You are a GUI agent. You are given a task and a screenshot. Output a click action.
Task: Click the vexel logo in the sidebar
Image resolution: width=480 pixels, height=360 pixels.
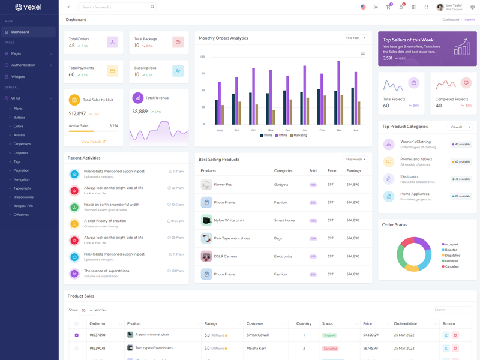pyautogui.click(x=28, y=7)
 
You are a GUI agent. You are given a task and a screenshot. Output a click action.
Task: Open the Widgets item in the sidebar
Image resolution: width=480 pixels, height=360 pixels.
pyautogui.click(x=18, y=77)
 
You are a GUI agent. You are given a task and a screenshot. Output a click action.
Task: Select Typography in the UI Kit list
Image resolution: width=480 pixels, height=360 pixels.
pyautogui.click(x=23, y=188)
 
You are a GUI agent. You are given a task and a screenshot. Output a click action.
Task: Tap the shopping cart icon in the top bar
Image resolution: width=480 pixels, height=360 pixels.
pyautogui.click(x=388, y=7)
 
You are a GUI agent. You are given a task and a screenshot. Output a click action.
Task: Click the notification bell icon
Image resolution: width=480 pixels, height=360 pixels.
pyautogui.click(x=401, y=7)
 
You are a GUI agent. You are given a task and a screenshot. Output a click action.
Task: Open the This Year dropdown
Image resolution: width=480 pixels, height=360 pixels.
pyautogui.click(x=355, y=38)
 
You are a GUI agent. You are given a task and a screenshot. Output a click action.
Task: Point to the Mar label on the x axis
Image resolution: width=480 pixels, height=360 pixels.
pyautogui.click(x=339, y=130)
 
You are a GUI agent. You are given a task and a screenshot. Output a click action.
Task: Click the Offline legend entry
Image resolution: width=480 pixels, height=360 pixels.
pyautogui.click(x=281, y=136)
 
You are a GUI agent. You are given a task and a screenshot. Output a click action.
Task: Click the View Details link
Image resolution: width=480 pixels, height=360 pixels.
pyautogui.click(x=93, y=142)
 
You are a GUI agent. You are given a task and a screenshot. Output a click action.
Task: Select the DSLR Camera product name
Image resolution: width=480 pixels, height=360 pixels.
pyautogui.click(x=225, y=256)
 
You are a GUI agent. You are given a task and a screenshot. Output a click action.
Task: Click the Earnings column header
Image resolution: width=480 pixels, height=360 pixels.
pyautogui.click(x=353, y=171)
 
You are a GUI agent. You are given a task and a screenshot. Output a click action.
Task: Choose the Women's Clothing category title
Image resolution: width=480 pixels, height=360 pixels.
pyautogui.click(x=415, y=142)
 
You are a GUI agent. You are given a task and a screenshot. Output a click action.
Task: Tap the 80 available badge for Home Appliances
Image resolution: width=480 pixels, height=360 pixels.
pyautogui.click(x=461, y=196)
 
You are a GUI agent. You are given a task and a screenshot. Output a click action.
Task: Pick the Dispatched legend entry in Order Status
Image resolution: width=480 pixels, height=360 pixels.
pyautogui.click(x=452, y=256)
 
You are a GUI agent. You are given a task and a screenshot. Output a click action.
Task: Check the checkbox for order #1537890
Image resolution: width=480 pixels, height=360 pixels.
pyautogui.click(x=76, y=335)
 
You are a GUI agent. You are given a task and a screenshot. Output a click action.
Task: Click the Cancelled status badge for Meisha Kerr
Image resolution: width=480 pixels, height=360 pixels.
pyautogui.click(x=330, y=348)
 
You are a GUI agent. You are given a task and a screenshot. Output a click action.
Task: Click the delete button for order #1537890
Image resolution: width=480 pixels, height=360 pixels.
pyautogui.click(x=455, y=335)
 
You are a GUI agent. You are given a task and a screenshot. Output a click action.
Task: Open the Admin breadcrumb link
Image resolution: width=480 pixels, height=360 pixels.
pyautogui.click(x=469, y=20)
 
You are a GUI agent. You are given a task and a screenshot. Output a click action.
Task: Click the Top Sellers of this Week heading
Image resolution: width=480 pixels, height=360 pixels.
pyautogui.click(x=408, y=40)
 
